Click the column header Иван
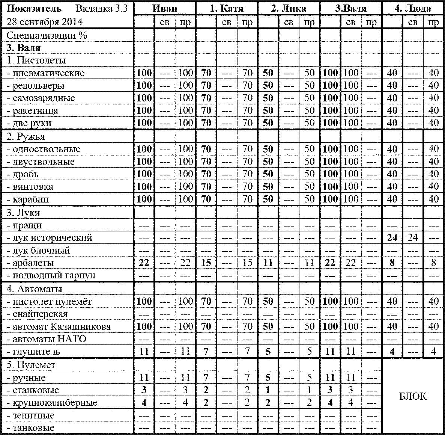tap(165, 8)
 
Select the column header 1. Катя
tap(227, 8)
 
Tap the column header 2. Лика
tap(289, 8)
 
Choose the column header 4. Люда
tap(413, 8)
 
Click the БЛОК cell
tap(413, 396)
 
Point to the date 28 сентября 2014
tap(45, 22)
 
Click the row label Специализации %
tap(47, 36)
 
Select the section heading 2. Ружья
tap(26, 136)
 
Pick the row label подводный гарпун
tap(51, 275)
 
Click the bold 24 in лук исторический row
tap(392, 238)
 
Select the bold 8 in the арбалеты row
tap(392, 263)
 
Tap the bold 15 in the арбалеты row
tap(206, 263)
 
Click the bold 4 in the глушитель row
tap(392, 352)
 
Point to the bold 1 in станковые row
tap(268, 390)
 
